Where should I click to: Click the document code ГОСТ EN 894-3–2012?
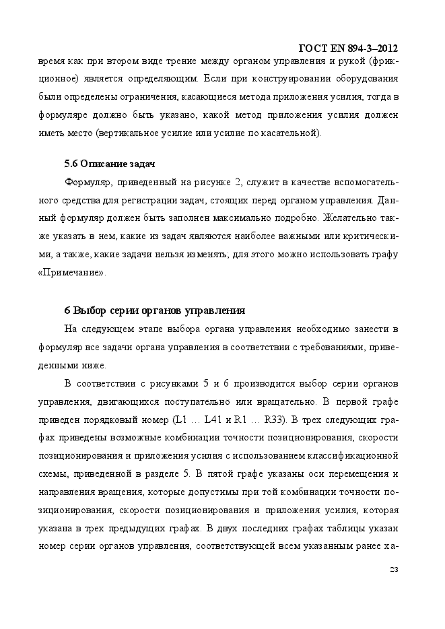[x=347, y=48]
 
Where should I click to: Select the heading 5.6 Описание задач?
[x=110, y=164]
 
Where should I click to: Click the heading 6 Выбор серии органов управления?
[x=154, y=310]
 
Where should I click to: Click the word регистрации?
[x=160, y=200]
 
